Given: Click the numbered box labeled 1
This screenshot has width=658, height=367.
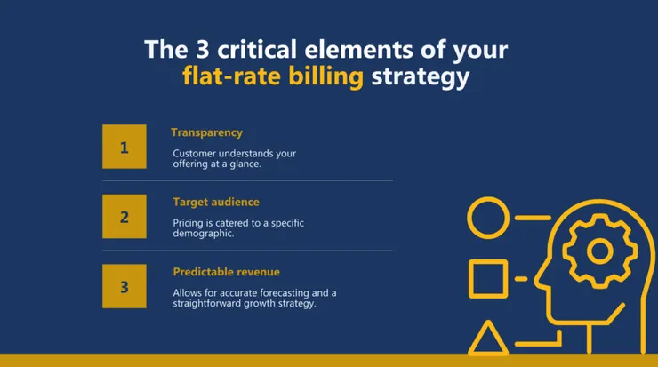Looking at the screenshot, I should point(124,148).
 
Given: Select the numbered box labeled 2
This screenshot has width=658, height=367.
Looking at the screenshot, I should point(124,216).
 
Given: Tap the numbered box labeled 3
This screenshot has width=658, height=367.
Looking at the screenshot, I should point(124,285).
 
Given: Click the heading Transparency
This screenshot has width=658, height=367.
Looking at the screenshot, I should point(206,132).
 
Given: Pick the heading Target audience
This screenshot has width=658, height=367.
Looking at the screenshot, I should point(216,202).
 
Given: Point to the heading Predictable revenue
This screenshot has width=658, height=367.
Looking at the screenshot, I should point(226,271).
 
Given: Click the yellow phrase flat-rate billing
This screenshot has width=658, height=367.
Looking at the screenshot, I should point(273,76).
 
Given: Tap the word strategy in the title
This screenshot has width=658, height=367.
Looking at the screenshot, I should point(420,76).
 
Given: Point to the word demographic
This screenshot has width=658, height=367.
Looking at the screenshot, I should point(204,234).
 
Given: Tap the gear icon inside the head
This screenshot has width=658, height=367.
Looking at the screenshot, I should point(599,251).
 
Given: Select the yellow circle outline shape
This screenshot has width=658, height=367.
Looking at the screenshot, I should point(487,219).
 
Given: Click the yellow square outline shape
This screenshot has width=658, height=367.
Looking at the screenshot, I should point(487,279).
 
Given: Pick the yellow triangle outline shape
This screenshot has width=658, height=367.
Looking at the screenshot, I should point(487,339).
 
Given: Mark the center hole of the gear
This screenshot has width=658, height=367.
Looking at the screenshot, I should point(599,251).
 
